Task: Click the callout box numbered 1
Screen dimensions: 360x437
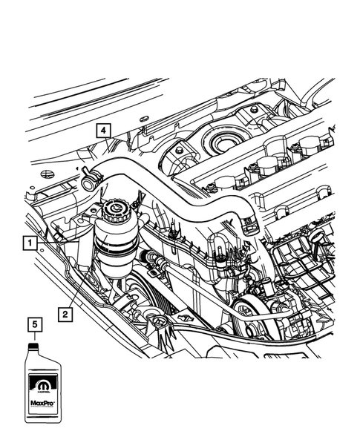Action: coord(30,243)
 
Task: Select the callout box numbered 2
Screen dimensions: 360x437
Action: coord(65,315)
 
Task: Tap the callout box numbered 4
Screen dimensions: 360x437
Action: coord(103,131)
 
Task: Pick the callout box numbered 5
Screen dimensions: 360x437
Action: coord(35,324)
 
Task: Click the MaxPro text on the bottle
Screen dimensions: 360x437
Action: coord(42,403)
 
